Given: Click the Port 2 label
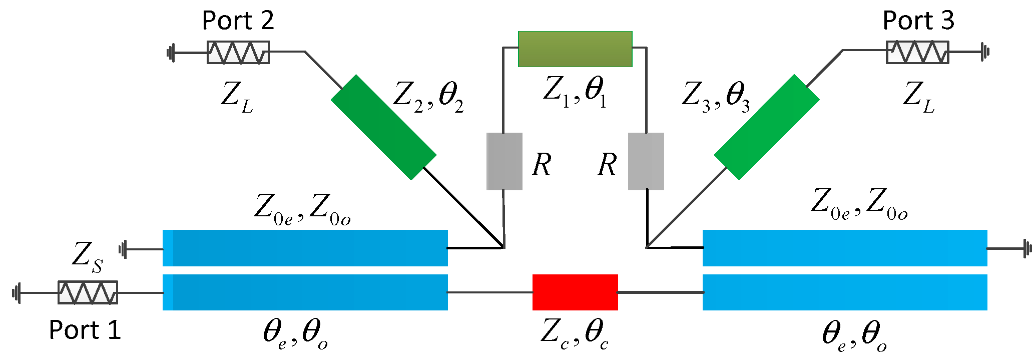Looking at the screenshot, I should (x=238, y=21).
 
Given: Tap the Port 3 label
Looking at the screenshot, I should (x=918, y=21).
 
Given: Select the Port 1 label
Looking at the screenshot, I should (x=85, y=330).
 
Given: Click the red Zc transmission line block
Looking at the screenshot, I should (x=575, y=292).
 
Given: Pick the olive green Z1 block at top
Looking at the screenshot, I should (x=575, y=49).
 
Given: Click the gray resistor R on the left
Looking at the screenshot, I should (x=504, y=161).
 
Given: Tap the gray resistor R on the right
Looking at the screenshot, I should (x=646, y=161).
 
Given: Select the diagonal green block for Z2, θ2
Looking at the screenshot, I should (x=383, y=127).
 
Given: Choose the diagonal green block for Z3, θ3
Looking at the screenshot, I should (x=766, y=127).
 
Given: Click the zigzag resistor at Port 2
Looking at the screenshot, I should (x=238, y=52).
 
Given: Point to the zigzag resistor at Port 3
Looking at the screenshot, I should (x=917, y=52).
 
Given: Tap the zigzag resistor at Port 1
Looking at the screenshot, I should (x=88, y=292).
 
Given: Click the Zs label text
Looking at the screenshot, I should (x=88, y=256).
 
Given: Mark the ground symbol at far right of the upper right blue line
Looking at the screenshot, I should (x=1027, y=248).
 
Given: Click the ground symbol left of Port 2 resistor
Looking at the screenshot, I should (x=171, y=52).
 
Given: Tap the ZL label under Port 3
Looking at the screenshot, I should (x=918, y=97).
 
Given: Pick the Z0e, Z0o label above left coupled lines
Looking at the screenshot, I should (x=302, y=209).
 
